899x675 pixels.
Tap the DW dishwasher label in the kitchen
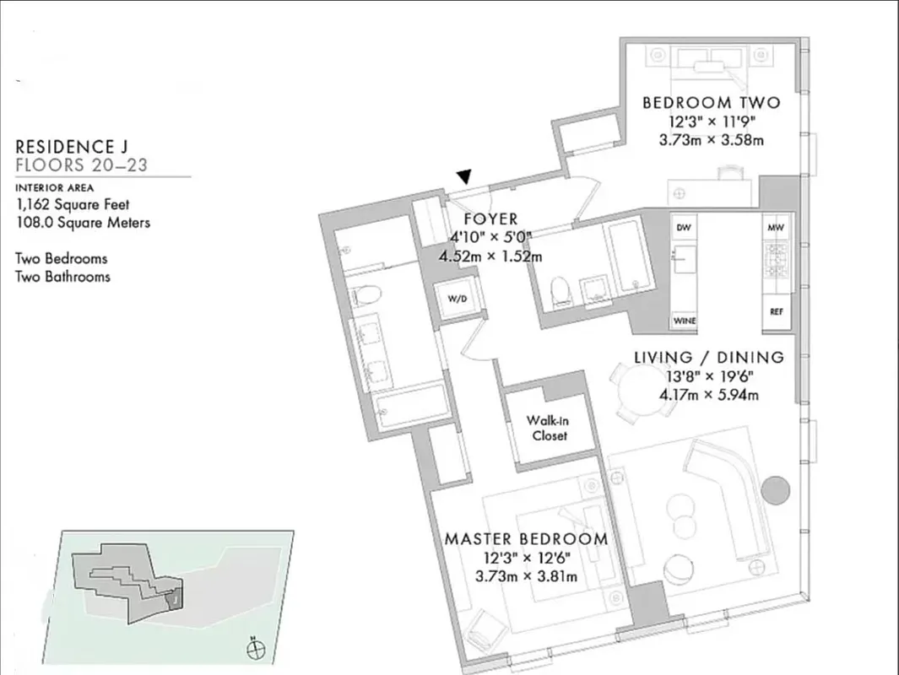684,228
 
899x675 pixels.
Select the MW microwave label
776,228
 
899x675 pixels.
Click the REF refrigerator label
776,311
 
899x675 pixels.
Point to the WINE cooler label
684,321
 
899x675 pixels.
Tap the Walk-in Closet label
547,428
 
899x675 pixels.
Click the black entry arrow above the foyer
463,176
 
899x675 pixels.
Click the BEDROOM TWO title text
711,103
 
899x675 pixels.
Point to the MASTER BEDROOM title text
525,538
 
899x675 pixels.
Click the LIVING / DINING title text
708,357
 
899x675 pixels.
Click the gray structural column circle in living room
774,490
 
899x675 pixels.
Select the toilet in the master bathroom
367,294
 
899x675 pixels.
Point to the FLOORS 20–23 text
81,165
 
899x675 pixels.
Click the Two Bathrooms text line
62,276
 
